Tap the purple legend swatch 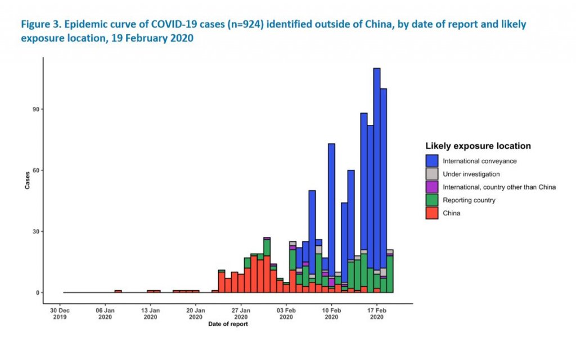pyautogui.click(x=432, y=187)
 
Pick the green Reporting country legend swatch pyautogui.click(x=432, y=200)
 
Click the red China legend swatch pyautogui.click(x=432, y=213)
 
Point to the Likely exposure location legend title pyautogui.click(x=478, y=146)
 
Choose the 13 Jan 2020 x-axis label pyautogui.click(x=150, y=313)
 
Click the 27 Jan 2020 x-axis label pyautogui.click(x=241, y=313)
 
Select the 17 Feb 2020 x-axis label pyautogui.click(x=377, y=313)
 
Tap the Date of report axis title pyautogui.click(x=227, y=325)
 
